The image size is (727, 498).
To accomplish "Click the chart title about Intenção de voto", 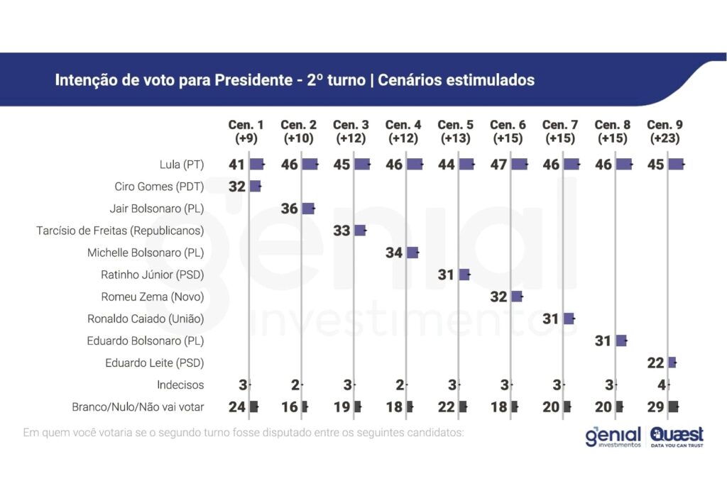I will (295, 80).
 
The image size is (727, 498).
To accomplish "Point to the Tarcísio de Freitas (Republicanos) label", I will (120, 231).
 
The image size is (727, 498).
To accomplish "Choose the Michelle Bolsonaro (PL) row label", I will (146, 253).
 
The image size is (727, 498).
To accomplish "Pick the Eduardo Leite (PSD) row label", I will (155, 363).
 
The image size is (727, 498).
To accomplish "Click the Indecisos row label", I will (180, 385).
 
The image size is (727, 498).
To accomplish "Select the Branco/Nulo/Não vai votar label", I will (138, 407).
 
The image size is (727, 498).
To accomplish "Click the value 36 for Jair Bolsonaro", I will (290, 209).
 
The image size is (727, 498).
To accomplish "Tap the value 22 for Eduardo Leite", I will (655, 363).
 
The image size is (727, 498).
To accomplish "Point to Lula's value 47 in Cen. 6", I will (499, 165).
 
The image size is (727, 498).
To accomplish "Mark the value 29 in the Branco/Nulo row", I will (655, 407).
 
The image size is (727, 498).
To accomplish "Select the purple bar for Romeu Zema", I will (517, 297).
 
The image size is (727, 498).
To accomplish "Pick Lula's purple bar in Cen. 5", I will (466, 165).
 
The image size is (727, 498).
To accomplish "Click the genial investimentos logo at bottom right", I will (613, 437).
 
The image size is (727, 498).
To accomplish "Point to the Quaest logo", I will (677, 437).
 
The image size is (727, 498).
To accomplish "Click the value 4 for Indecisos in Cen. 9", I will (660, 385).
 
